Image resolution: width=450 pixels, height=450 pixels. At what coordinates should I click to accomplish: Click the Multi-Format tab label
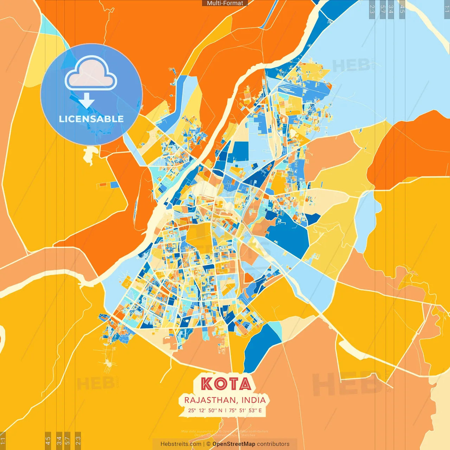click(225, 3)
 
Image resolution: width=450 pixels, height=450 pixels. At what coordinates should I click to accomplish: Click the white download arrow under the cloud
click(86, 101)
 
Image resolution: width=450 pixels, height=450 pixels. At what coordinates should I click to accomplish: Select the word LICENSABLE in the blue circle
click(91, 119)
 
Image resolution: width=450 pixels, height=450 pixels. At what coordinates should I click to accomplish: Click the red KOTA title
click(226, 384)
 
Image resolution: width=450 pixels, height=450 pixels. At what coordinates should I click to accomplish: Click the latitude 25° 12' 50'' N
click(205, 410)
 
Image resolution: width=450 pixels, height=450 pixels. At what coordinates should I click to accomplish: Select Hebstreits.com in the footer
click(181, 444)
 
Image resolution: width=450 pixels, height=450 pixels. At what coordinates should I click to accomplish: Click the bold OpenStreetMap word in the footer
click(233, 444)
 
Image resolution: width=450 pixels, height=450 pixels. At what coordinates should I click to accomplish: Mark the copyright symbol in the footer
click(208, 444)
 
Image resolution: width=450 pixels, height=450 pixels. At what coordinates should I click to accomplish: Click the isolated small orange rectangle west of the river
click(103, 184)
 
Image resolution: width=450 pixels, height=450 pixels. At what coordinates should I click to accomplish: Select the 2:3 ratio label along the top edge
click(372, 9)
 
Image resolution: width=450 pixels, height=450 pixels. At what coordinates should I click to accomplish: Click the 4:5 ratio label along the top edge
click(402, 9)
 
